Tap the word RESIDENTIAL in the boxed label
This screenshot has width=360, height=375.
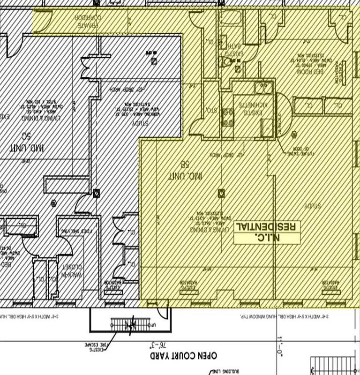[x=266, y=226]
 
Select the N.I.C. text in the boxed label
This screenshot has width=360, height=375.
[x=266, y=238]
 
